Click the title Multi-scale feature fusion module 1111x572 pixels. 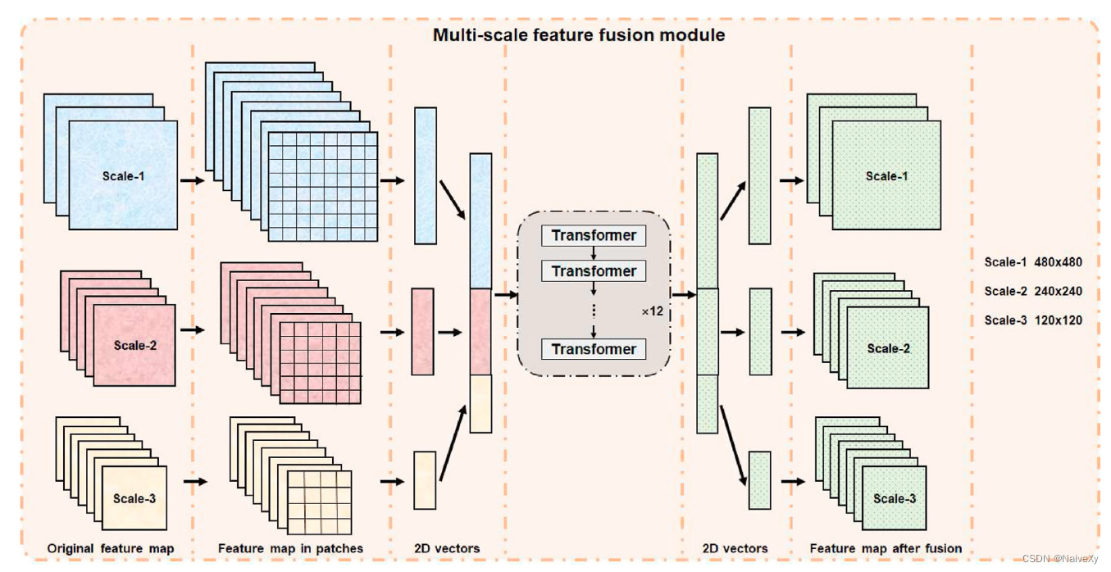tap(578, 35)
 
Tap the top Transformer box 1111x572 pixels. tap(594, 236)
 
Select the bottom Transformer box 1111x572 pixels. tap(594, 349)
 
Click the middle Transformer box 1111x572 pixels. tap(594, 271)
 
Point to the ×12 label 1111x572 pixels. tap(652, 311)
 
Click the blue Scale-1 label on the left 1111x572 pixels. tap(124, 175)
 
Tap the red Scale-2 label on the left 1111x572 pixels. tap(135, 345)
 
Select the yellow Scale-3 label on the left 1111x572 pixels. tap(134, 498)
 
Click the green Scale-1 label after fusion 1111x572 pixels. tap(886, 176)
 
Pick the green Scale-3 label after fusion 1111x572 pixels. tap(895, 498)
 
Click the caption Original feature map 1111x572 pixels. tap(110, 548)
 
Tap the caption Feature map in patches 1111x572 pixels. tap(290, 548)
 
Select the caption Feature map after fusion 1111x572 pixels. tap(886, 548)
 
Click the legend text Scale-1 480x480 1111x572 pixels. tap(1033, 262)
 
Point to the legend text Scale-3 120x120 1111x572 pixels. tap(1033, 320)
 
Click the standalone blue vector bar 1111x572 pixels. tap(425, 175)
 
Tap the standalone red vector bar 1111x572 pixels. tap(421, 331)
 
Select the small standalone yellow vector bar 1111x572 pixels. tap(424, 479)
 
